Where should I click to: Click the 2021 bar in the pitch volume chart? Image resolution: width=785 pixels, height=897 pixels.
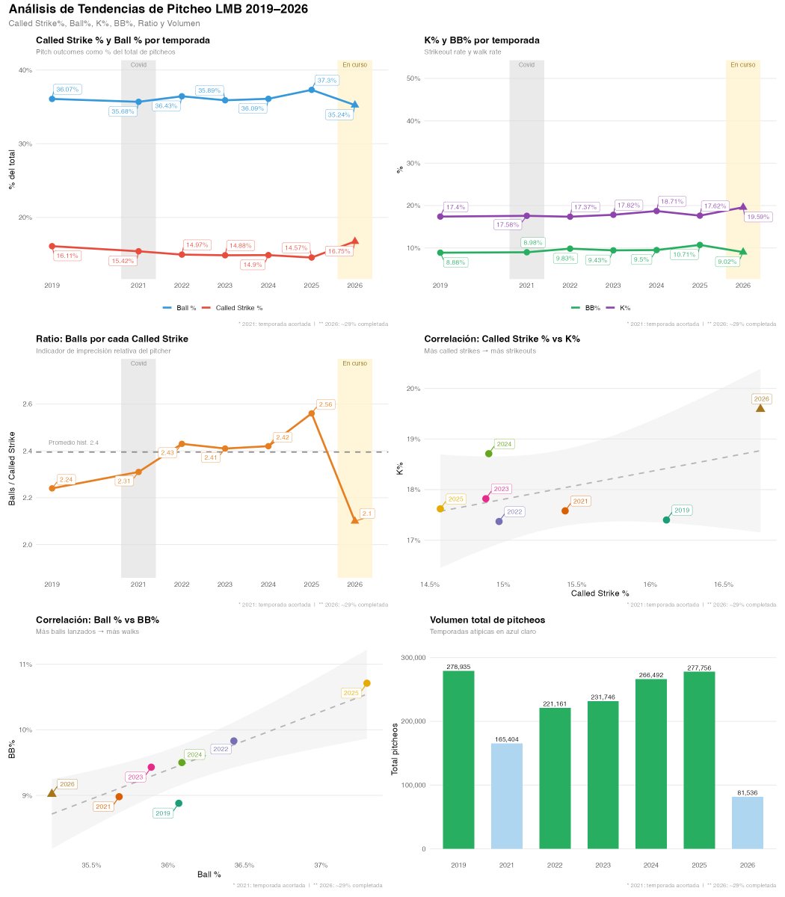tap(506, 796)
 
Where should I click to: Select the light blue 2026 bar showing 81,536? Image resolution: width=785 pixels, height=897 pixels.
tap(747, 822)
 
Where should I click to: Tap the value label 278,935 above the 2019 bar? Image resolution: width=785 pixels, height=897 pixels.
tap(458, 667)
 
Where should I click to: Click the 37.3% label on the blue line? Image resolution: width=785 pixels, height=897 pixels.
tap(327, 80)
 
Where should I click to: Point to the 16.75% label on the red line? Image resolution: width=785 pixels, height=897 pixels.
tap(339, 251)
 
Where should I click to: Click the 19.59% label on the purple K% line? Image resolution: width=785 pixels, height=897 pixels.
tap(758, 217)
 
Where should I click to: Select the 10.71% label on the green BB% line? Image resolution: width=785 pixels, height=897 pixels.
tap(684, 254)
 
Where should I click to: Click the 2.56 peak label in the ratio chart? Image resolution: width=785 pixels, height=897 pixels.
tap(325, 404)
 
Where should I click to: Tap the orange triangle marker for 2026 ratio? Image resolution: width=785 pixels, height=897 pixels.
tap(355, 520)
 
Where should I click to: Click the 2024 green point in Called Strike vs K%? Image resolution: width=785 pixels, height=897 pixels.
tap(488, 453)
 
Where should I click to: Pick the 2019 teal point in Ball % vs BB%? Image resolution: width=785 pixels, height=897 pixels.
tap(179, 803)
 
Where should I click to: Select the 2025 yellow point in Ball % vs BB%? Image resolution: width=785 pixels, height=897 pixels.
tap(366, 683)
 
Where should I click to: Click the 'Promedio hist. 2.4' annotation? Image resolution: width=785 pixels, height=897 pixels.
tap(73, 443)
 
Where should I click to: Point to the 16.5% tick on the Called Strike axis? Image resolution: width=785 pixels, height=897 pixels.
tap(723, 584)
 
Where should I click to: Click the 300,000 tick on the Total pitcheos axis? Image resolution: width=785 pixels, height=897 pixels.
tap(413, 658)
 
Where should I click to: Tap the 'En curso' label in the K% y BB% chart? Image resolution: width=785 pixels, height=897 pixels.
tap(742, 64)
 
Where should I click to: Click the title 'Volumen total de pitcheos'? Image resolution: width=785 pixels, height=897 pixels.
tap(487, 620)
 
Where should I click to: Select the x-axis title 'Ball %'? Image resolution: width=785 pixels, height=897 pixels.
tap(209, 875)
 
